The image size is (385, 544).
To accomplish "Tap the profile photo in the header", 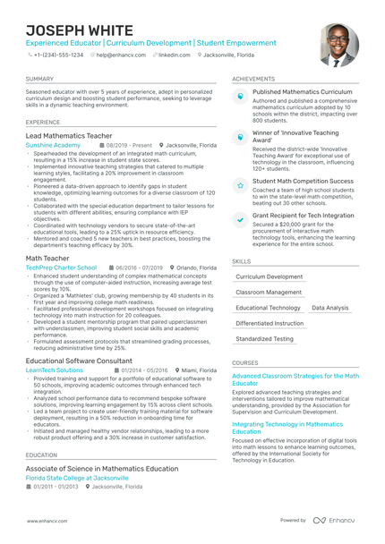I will (x=338, y=42).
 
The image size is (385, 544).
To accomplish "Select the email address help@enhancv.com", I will (x=122, y=55).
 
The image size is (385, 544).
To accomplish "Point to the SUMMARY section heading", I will (x=39, y=79).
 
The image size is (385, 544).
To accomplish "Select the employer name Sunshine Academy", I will (x=53, y=144).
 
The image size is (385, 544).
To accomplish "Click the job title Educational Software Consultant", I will (x=80, y=360).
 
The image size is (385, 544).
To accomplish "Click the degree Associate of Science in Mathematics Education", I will (x=101, y=468).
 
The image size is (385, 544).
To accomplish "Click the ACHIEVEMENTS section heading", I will (x=253, y=79).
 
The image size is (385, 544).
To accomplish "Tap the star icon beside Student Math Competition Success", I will (x=240, y=183).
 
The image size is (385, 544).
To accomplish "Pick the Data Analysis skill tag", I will (x=330, y=308).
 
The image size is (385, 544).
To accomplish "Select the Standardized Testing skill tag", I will (x=264, y=339).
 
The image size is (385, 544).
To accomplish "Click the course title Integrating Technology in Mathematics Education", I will (x=294, y=428).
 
